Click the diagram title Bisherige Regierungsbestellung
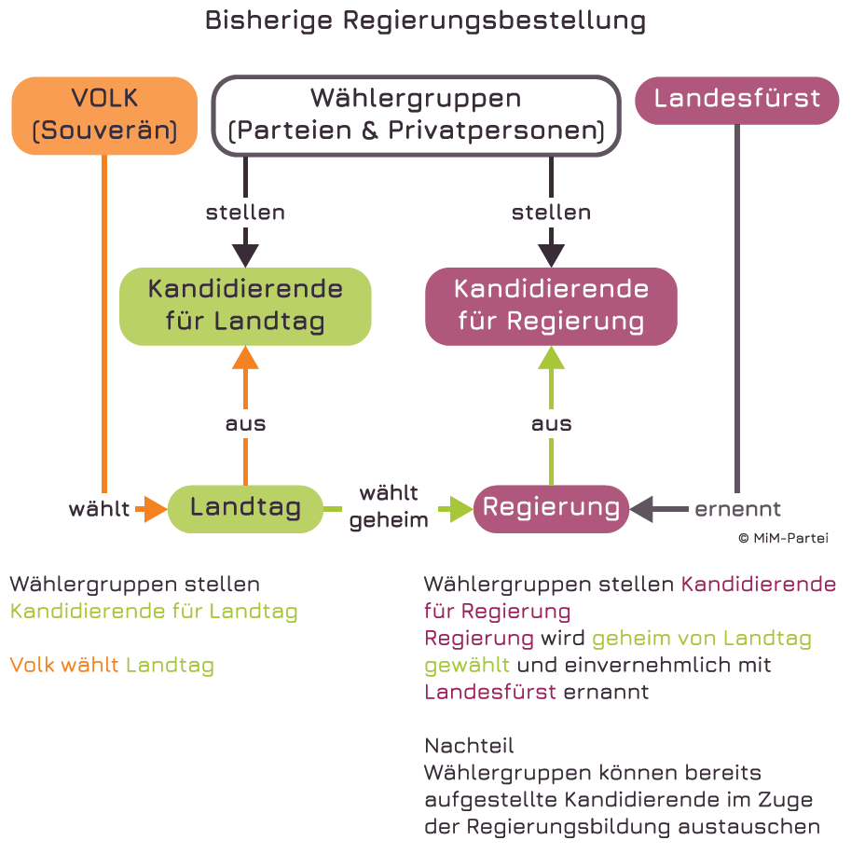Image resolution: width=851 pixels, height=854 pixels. click(425, 21)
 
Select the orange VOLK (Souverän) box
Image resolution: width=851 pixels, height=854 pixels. click(104, 115)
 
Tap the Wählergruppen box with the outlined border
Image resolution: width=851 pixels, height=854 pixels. click(416, 115)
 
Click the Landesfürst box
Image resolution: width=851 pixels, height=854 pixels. click(736, 100)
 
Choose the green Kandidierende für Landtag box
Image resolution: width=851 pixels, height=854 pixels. click(245, 306)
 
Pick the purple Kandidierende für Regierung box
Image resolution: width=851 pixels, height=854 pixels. click(551, 306)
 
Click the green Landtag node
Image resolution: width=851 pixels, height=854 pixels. click(245, 508)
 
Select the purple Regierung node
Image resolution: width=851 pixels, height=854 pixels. click(551, 508)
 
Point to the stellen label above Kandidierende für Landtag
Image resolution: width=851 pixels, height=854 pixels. click(245, 213)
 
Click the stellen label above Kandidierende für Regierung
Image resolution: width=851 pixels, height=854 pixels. click(551, 213)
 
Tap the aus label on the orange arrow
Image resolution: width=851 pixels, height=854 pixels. click(245, 423)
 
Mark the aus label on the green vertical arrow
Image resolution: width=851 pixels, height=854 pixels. click(551, 423)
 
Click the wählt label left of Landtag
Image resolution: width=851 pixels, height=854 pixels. click(99, 509)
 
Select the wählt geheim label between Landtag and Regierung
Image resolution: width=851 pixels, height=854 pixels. click(389, 506)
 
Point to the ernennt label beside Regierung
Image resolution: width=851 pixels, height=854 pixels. click(737, 509)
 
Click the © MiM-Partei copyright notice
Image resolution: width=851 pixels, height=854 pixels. click(783, 538)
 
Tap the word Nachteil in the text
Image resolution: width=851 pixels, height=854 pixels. click(469, 746)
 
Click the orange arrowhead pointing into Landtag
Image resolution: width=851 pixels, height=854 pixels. click(155, 508)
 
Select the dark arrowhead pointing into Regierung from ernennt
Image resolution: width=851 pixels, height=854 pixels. click(641, 509)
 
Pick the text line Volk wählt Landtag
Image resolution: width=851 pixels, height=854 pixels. click(112, 666)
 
